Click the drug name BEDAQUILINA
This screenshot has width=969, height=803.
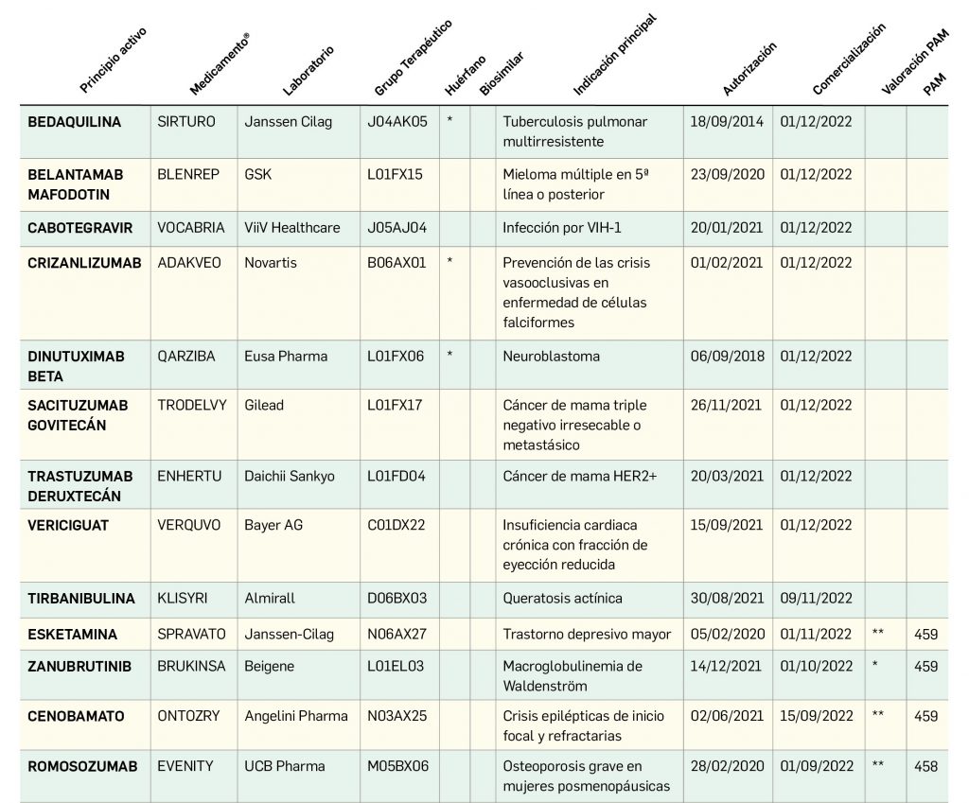point(75,122)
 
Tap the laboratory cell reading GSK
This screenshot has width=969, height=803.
point(257,175)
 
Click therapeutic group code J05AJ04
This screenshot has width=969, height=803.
point(396,228)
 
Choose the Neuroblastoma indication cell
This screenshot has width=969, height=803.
point(551,357)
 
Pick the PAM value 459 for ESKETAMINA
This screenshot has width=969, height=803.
point(926,634)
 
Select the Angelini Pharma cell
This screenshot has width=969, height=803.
point(296,716)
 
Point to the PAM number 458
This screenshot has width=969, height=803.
point(926,766)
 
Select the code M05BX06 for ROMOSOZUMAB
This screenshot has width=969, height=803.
point(397,766)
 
